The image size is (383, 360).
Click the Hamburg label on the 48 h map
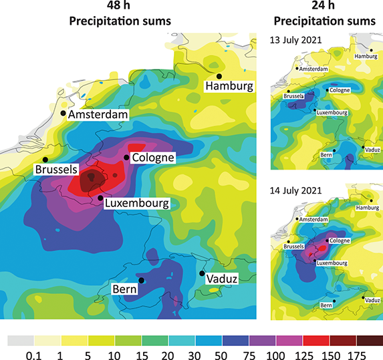click(229, 86)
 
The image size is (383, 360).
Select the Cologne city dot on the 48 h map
click(126, 158)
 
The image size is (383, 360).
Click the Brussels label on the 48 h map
click(57, 170)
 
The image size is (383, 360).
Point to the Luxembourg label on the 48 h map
click(135, 203)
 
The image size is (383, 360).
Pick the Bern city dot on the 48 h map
click(141, 280)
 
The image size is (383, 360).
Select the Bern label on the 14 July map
click(327, 305)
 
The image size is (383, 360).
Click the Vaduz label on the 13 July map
click(373, 150)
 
